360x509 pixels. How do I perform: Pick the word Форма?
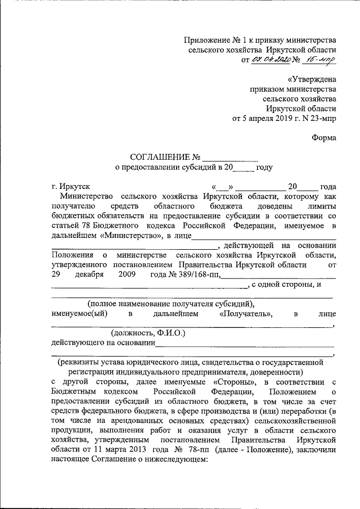point(325,138)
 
